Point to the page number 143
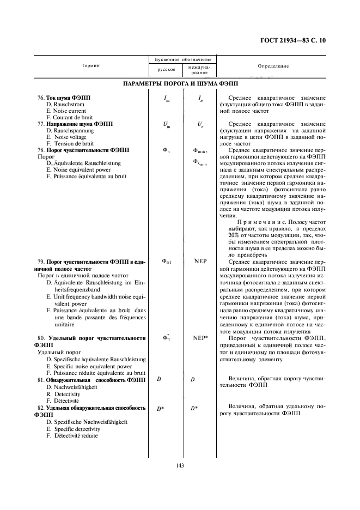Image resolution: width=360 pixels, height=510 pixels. (180, 465)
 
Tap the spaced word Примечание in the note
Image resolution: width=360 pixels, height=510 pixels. (255, 222)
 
